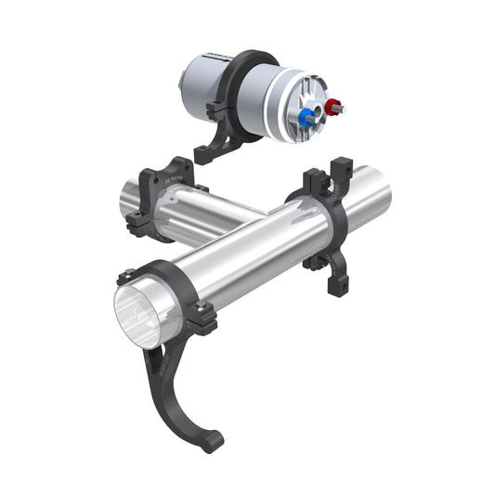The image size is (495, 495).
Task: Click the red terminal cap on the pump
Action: click(332, 105)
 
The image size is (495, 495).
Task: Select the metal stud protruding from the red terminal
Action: click(343, 109)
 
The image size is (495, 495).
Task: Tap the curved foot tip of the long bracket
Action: click(211, 440)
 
